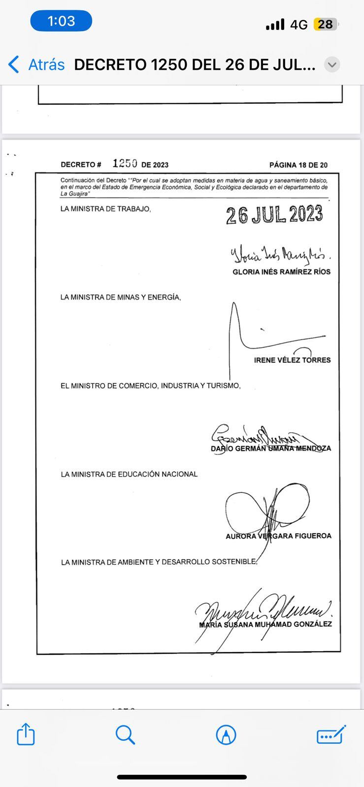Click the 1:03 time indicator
point(61,21)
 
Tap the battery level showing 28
point(325,24)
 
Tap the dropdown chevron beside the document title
point(332,64)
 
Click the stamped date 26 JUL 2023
point(274,215)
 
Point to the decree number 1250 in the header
point(125,163)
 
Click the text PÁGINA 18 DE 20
point(298,165)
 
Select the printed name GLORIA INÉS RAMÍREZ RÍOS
point(281,272)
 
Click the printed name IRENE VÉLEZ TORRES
point(292,360)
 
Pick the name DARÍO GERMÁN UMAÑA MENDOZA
point(271,449)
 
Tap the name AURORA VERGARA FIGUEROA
point(278,536)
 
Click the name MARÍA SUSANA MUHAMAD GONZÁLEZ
point(265,624)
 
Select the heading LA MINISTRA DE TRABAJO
point(105,209)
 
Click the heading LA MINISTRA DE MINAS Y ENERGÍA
point(121,297)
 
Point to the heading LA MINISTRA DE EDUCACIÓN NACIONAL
point(129,474)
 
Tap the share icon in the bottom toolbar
point(26,735)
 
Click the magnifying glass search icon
point(126,735)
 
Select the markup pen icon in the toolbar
point(226,735)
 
